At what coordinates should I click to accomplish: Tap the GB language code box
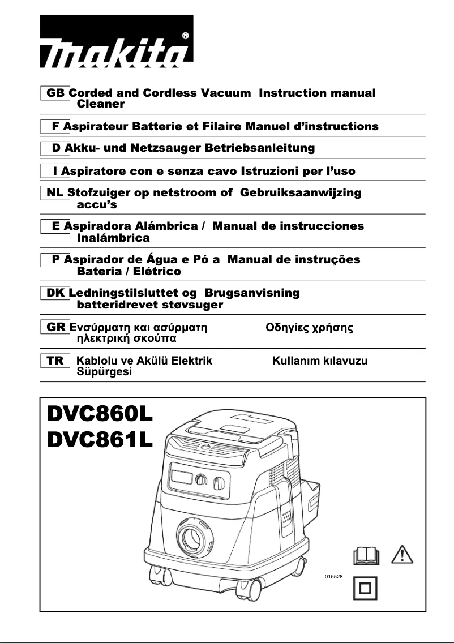[x=55, y=93]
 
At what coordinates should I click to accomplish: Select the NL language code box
[x=55, y=192]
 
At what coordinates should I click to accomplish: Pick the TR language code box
[x=55, y=361]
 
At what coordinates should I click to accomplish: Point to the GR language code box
[x=55, y=327]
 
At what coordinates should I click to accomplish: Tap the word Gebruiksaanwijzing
[x=301, y=192]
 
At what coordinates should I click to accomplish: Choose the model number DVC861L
[x=100, y=442]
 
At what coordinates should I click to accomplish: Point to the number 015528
[x=334, y=576]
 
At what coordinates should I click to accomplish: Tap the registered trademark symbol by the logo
[x=186, y=35]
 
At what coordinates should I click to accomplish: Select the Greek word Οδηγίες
[x=287, y=327]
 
